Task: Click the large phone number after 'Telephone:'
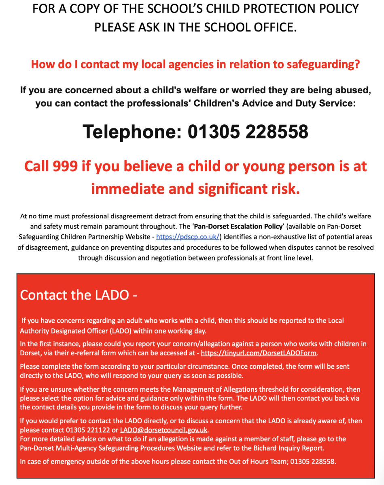tap(248, 132)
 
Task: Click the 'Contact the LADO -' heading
tap(79, 295)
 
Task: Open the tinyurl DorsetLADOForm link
tap(259, 353)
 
